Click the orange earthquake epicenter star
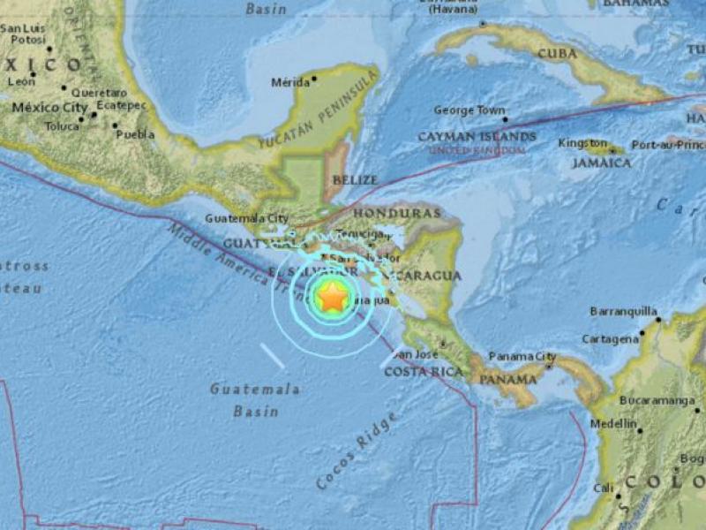pyautogui.click(x=332, y=299)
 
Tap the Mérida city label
pyautogui.click(x=289, y=82)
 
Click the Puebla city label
pyautogui.click(x=135, y=134)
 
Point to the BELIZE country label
pyautogui.click(x=356, y=179)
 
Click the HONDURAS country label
pyautogui.click(x=396, y=213)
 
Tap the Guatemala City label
pyautogui.click(x=247, y=217)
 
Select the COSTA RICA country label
pyautogui.click(x=424, y=372)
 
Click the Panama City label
pyautogui.click(x=521, y=356)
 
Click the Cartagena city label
pyautogui.click(x=610, y=338)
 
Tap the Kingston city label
pyautogui.click(x=582, y=143)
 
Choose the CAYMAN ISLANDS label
pyautogui.click(x=477, y=137)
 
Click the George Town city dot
pyautogui.click(x=505, y=118)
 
